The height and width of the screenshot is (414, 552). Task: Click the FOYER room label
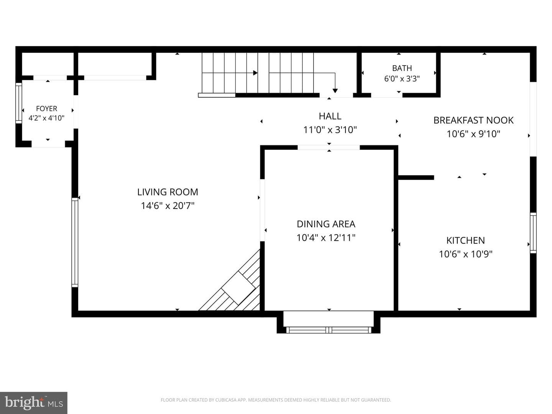click(x=46, y=108)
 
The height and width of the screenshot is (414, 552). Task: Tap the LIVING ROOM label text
click(x=168, y=192)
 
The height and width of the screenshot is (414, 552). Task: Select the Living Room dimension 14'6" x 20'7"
click(x=168, y=206)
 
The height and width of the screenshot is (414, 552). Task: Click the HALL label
click(x=330, y=116)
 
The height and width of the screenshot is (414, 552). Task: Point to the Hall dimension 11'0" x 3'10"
click(x=330, y=130)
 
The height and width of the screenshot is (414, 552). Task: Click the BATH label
click(x=402, y=68)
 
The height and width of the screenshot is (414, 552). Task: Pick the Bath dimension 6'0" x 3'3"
click(x=402, y=79)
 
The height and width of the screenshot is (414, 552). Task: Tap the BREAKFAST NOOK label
click(x=473, y=120)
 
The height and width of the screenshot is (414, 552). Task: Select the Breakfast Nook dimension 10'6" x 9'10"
click(x=473, y=134)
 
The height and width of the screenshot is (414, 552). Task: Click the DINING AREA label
click(x=326, y=224)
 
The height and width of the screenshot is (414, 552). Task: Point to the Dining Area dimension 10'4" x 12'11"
click(x=326, y=238)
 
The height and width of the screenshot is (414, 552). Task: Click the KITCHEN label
click(x=465, y=241)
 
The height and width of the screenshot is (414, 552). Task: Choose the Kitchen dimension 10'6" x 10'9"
click(x=465, y=254)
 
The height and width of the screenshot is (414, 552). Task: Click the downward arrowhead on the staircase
click(x=335, y=91)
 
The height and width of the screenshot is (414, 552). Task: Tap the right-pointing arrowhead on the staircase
click(x=255, y=73)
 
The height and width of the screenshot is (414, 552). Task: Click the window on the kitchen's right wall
click(x=533, y=233)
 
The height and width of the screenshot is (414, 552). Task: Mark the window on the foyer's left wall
click(x=19, y=103)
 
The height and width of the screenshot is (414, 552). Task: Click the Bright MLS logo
click(x=34, y=402)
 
